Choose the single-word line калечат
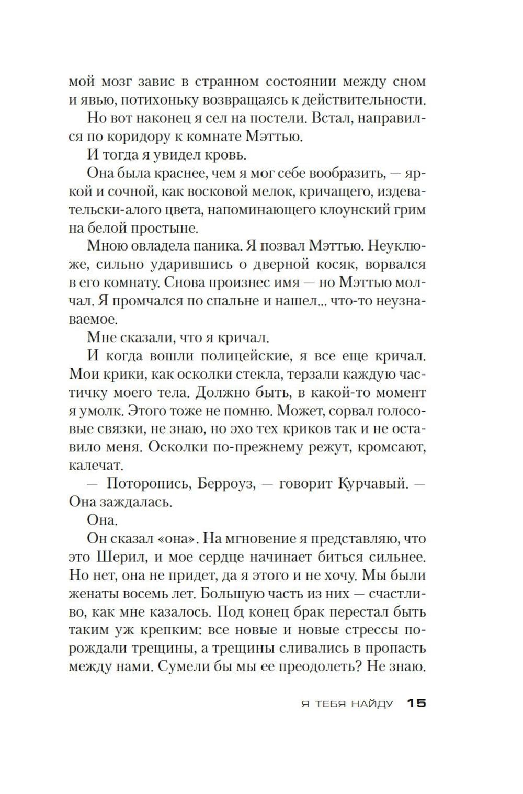pos(96,466)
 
